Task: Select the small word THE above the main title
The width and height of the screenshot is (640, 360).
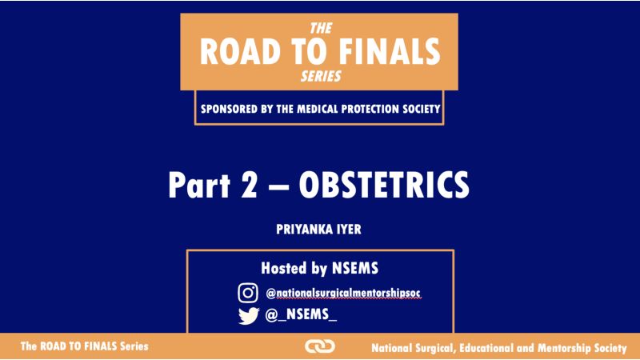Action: point(321,28)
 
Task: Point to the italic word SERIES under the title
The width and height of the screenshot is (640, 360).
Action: point(321,76)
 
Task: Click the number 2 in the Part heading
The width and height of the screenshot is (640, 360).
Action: point(250,185)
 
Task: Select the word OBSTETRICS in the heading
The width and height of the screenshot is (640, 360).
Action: point(384,185)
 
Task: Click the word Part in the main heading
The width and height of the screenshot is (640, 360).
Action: point(199,185)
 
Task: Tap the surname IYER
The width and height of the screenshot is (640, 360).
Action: point(349,230)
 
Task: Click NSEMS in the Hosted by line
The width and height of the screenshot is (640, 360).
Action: point(355,268)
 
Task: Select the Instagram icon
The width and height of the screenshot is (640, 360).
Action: point(248,293)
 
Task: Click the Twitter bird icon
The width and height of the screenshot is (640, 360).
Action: point(249,315)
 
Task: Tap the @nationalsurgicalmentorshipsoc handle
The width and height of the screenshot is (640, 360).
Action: point(343,293)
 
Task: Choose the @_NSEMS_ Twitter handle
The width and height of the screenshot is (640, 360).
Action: point(301,314)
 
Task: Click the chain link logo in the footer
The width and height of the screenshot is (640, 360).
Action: point(320,346)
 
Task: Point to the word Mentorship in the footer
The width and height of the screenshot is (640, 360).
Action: point(564,348)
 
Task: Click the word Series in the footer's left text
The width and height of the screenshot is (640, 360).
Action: point(134,346)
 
